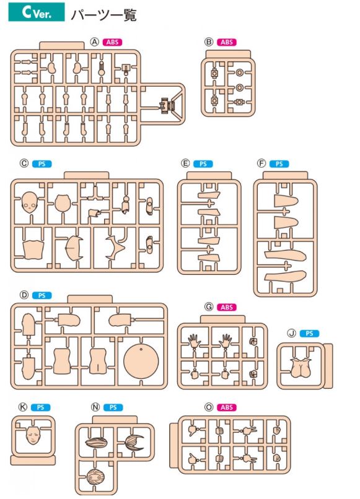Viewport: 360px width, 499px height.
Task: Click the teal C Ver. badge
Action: (x=37, y=12)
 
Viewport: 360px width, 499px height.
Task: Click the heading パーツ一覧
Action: (x=104, y=15)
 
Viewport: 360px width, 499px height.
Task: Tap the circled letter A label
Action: (x=95, y=42)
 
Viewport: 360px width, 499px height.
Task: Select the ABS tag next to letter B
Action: (x=227, y=42)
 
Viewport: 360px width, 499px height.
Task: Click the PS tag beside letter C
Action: (x=42, y=164)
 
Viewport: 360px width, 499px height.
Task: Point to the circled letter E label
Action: (x=185, y=163)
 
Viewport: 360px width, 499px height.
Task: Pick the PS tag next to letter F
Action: (x=279, y=164)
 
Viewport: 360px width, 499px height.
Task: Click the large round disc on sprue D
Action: (x=141, y=360)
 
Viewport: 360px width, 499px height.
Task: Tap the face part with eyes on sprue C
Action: (x=30, y=202)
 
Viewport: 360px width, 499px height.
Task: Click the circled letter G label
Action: (x=209, y=307)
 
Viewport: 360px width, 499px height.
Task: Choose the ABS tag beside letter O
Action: (x=227, y=407)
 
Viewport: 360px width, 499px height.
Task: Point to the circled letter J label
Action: (x=291, y=333)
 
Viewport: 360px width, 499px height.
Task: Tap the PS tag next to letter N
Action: (x=113, y=407)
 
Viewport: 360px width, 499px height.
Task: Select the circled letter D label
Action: (x=24, y=295)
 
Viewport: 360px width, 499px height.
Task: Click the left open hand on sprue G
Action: (x=194, y=341)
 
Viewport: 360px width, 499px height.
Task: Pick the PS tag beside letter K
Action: (x=40, y=407)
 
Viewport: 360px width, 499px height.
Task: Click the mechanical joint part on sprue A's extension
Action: (x=167, y=105)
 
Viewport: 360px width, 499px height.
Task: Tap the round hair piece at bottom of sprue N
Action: (x=95, y=478)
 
